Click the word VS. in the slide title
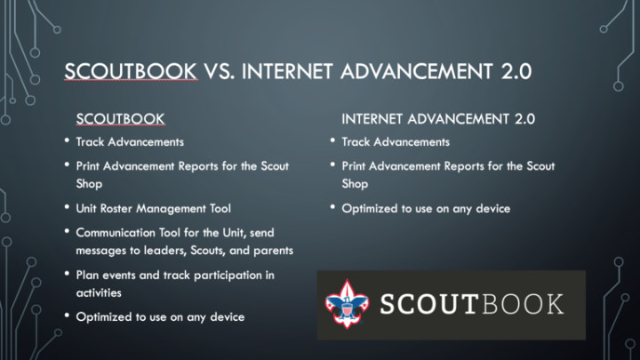219,71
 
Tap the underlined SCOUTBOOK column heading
120,119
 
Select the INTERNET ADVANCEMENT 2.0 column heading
438,119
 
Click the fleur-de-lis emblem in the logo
347,304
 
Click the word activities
99,293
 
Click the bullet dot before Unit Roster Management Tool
67,207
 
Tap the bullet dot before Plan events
67,274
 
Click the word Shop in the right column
355,185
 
